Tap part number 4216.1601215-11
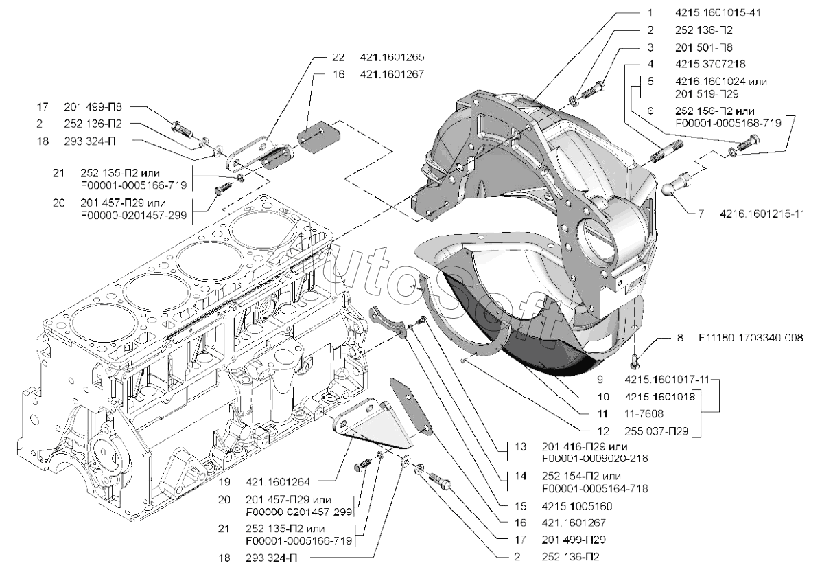[762, 214]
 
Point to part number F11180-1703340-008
[751, 338]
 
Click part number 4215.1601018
[661, 396]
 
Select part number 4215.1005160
[577, 507]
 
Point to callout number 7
[701, 214]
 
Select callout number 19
[224, 482]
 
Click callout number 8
[680, 338]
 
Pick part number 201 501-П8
[704, 47]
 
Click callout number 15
[520, 507]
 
